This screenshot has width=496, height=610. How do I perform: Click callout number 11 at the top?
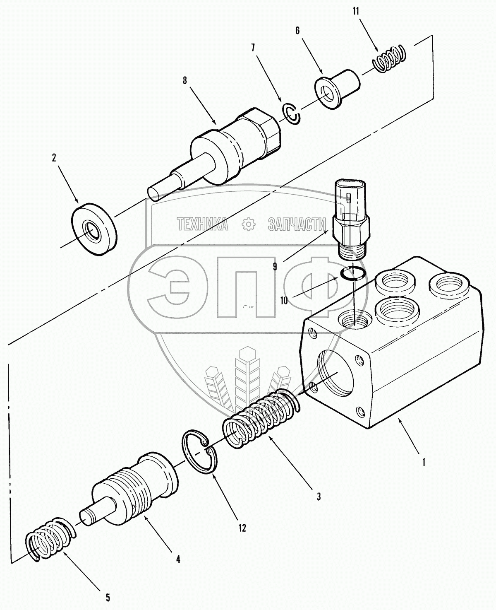pos(355,12)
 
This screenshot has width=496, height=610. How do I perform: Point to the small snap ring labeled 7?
pos(291,115)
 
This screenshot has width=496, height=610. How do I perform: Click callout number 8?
pos(185,80)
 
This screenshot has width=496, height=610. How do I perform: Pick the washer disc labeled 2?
pos(94,228)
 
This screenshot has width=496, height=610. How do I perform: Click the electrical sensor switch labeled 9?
pos(351,219)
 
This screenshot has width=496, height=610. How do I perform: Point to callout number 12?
pos(242,528)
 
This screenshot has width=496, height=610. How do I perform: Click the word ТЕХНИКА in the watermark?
pos(203,224)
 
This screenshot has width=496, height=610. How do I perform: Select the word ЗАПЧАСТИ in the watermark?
pos(297,224)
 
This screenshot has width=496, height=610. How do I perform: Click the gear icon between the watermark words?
pos(248,224)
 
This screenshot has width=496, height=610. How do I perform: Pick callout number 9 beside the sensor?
pos(275,267)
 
